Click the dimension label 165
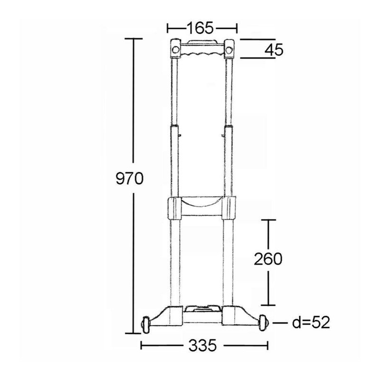[x=200, y=28]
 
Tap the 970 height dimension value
[x=130, y=179]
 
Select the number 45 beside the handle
[x=274, y=50]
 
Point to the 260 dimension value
[x=268, y=259]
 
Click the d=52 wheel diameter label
[x=311, y=323]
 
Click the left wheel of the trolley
[x=146, y=324]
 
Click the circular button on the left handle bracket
[x=175, y=50]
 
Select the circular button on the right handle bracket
[x=228, y=50]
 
